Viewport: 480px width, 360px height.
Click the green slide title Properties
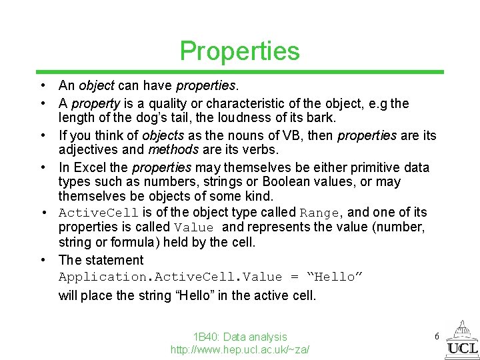tap(239, 51)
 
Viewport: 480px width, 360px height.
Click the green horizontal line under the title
tap(239, 72)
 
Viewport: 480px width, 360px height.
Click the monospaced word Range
tap(320, 213)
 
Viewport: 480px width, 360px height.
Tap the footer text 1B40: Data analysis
tap(239, 337)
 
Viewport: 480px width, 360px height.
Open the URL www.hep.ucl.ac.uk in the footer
tap(239, 350)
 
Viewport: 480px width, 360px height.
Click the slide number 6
tap(437, 337)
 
